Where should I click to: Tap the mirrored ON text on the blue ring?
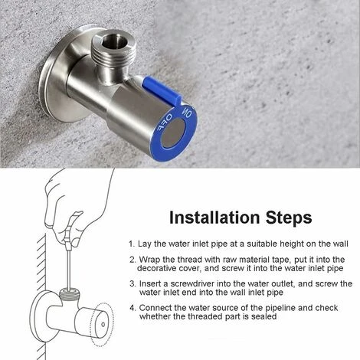(x=186, y=113)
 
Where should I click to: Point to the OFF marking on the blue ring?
(x=163, y=123)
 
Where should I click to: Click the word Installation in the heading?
(x=214, y=218)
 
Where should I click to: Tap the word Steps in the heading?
(x=289, y=218)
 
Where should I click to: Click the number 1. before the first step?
(x=132, y=244)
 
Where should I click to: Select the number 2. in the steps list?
(x=133, y=260)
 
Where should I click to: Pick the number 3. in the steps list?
(x=133, y=283)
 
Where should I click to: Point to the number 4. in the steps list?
(x=133, y=308)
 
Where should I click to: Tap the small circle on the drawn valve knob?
(x=103, y=325)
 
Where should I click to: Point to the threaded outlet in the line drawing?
(x=70, y=294)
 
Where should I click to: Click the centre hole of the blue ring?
(x=174, y=133)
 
